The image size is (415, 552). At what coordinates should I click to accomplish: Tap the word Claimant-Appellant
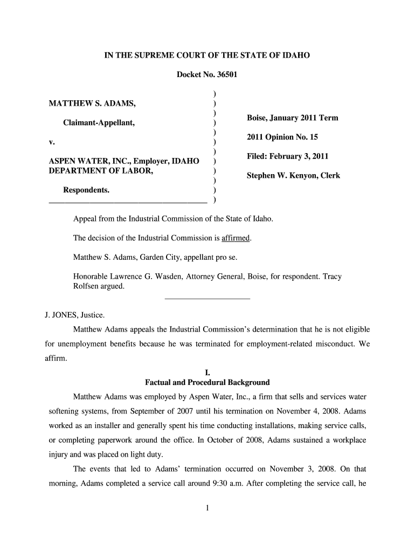(x=99, y=123)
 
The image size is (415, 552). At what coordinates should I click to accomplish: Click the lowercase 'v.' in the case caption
(x=52, y=142)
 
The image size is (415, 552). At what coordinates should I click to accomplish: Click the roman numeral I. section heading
(x=207, y=372)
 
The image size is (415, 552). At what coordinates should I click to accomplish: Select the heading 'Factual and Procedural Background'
(x=207, y=383)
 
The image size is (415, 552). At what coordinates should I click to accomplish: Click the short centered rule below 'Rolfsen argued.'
(x=207, y=299)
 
